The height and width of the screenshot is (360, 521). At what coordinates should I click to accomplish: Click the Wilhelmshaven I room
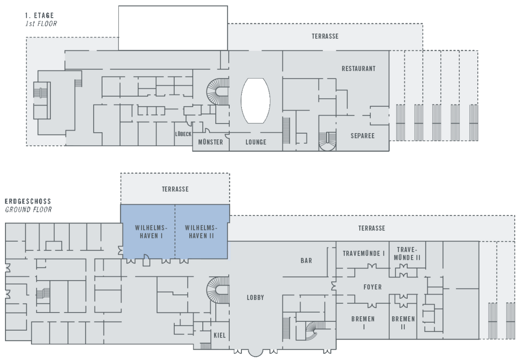tap(148, 231)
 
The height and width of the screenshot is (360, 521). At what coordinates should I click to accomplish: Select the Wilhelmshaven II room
tap(201, 231)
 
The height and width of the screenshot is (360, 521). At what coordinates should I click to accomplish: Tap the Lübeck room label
tap(183, 134)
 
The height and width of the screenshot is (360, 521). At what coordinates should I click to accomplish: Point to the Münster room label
tap(210, 142)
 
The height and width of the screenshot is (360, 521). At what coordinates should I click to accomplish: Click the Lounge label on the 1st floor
tap(256, 142)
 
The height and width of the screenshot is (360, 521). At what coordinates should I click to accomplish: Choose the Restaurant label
tap(358, 68)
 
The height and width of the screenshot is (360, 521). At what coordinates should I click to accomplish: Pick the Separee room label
tap(363, 136)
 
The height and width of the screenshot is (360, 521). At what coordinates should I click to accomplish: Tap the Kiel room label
tap(219, 335)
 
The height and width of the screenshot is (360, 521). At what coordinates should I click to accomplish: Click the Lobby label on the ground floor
tap(255, 298)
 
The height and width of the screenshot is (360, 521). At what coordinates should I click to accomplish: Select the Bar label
tap(306, 261)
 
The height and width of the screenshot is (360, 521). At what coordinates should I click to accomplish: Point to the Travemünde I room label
tap(364, 253)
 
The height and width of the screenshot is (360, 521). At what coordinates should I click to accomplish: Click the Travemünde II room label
tap(407, 253)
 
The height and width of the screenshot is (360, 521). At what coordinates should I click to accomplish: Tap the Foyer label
tap(372, 287)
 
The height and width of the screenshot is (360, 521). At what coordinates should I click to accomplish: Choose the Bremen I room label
tap(363, 323)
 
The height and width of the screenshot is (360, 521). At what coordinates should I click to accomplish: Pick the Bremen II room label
tap(403, 323)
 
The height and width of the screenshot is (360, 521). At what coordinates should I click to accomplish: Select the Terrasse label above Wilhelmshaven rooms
tap(175, 189)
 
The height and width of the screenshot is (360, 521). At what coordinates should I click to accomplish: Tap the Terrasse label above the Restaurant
tap(325, 36)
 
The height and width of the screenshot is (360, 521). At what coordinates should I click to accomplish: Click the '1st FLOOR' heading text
tap(41, 23)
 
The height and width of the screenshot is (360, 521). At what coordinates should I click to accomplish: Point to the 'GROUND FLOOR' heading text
tap(28, 210)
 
